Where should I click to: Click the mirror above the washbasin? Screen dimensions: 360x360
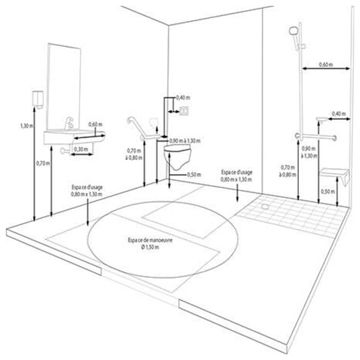[63, 87]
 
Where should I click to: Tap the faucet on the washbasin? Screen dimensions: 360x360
[69, 123]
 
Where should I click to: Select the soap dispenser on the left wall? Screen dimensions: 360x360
[37, 99]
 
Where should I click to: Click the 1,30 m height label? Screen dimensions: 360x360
[27, 126]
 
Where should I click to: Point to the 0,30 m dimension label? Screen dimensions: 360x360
[81, 149]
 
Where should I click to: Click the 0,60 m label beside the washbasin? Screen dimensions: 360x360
[95, 125]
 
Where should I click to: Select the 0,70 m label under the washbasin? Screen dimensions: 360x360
[43, 163]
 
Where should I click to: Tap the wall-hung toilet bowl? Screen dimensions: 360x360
[178, 156]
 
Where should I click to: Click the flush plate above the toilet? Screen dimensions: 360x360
[185, 110]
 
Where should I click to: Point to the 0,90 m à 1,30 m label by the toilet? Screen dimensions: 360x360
[185, 140]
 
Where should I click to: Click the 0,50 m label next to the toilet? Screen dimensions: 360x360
[194, 174]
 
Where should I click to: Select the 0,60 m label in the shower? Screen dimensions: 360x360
[325, 64]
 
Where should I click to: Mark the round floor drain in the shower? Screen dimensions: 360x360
[265, 206]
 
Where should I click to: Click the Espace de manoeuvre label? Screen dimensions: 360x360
[150, 243]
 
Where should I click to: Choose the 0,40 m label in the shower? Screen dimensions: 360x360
[338, 114]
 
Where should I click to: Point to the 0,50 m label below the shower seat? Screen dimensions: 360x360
[328, 192]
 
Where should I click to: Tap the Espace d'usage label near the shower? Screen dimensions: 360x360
[236, 176]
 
